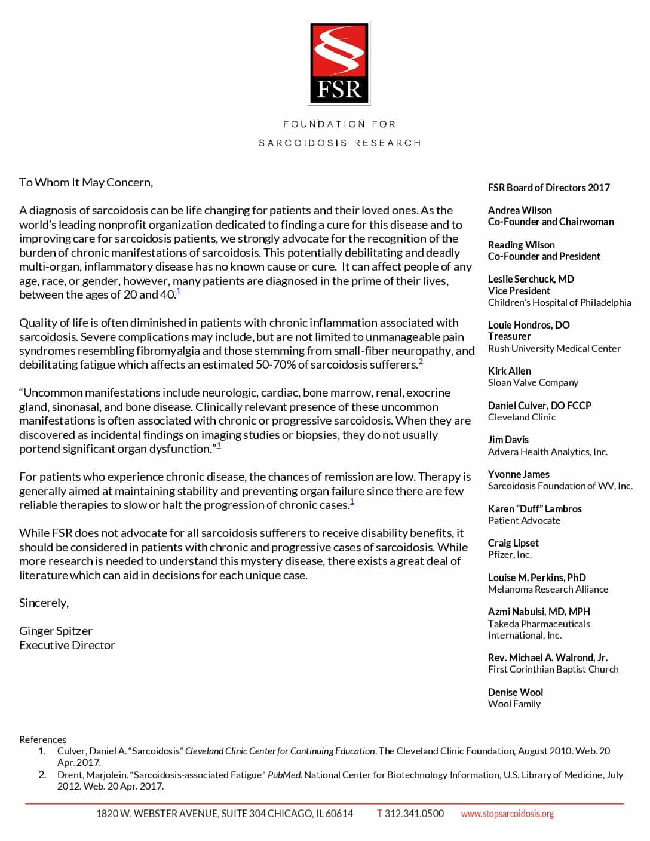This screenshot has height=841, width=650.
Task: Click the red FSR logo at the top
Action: (339, 63)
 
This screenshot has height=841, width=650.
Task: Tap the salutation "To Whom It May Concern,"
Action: (86, 183)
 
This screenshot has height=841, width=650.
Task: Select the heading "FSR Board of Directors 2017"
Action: (548, 188)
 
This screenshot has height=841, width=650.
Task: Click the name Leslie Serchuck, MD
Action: (531, 279)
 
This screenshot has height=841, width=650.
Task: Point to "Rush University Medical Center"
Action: (554, 348)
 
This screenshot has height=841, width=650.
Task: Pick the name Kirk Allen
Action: (509, 371)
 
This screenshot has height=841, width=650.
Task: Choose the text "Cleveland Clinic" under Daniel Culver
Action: (522, 417)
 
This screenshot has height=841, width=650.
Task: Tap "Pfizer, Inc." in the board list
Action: (510, 554)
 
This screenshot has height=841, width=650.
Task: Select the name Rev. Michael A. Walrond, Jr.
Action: (547, 658)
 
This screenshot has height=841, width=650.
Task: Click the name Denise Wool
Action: (515, 692)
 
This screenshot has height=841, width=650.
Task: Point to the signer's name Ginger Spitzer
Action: (56, 631)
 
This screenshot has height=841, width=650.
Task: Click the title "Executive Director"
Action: (67, 645)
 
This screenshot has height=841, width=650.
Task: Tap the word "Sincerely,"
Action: (44, 603)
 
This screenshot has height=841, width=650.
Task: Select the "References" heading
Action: (42, 739)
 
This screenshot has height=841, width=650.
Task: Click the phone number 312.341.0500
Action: (414, 814)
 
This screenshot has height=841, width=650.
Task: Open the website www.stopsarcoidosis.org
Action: (507, 814)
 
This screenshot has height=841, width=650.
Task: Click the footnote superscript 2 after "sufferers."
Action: (421, 361)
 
